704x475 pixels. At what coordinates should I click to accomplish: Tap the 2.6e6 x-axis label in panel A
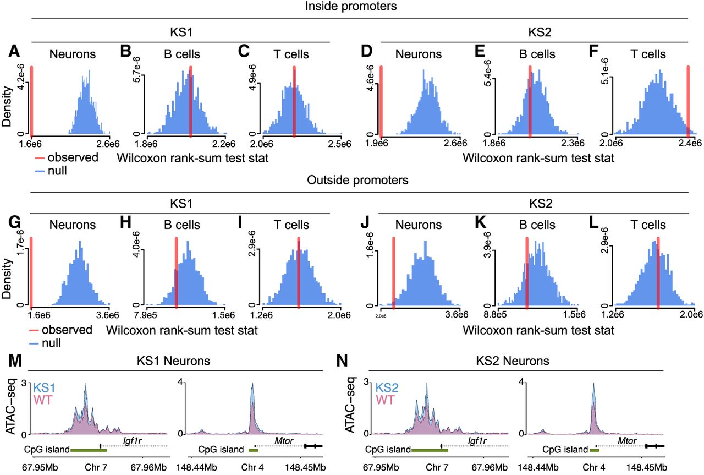coord(108,145)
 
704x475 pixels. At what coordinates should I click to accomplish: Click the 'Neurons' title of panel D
coord(418,54)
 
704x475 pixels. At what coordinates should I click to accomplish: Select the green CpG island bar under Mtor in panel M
coord(253,450)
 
